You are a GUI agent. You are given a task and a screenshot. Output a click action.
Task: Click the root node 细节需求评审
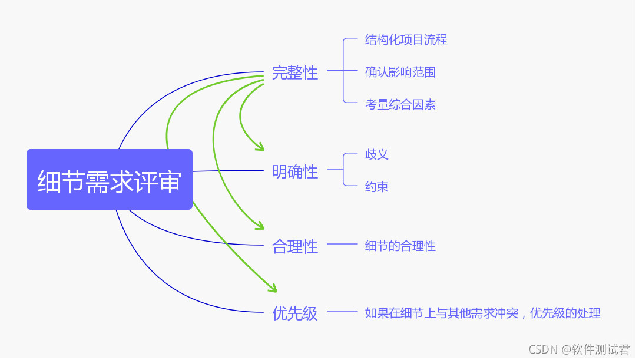(x=110, y=180)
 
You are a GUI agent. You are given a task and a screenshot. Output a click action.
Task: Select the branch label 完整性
(x=294, y=72)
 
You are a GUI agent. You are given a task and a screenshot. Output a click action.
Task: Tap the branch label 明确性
(x=294, y=171)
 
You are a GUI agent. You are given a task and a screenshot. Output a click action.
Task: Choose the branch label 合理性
(x=294, y=246)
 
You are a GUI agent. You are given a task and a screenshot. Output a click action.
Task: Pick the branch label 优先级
(x=294, y=313)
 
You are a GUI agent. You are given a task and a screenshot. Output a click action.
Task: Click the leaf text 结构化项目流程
(x=406, y=39)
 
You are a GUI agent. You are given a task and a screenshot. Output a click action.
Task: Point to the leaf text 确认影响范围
(x=400, y=72)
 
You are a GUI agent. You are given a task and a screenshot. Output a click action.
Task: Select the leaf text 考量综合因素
(x=400, y=105)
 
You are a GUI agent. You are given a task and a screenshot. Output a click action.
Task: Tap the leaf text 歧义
(x=376, y=154)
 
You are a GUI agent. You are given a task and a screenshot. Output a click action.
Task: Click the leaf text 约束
(x=376, y=187)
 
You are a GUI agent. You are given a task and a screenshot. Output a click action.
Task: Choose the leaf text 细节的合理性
(x=400, y=246)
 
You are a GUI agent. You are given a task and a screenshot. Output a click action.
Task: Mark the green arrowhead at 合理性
(x=260, y=226)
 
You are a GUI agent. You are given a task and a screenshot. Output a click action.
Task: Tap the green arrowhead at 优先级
(x=273, y=289)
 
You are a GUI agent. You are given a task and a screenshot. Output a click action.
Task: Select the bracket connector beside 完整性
(x=343, y=71)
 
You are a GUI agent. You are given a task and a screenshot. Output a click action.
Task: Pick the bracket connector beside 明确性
(x=343, y=170)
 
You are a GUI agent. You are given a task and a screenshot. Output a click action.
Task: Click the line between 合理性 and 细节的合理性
(x=342, y=244)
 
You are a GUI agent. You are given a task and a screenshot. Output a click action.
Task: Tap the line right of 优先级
(x=342, y=311)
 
